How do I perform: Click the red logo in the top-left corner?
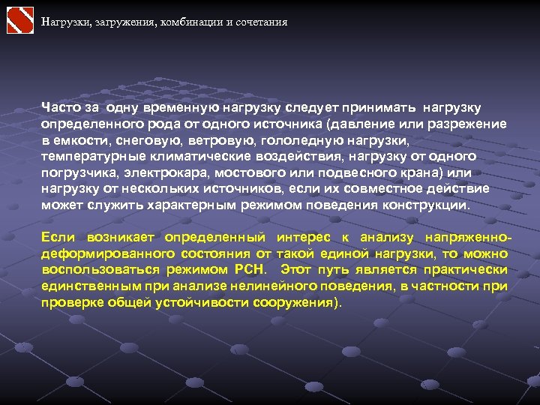point(20,20)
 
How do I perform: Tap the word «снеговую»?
point(151,140)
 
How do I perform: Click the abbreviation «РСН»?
point(253,270)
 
